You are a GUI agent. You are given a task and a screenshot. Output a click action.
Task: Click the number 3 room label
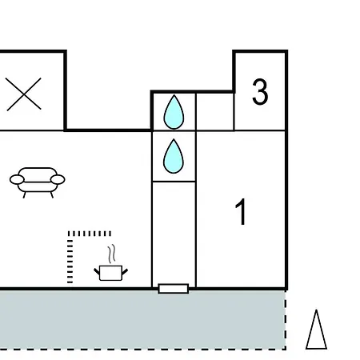point(260,91)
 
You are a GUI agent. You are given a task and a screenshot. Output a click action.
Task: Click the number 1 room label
point(241,212)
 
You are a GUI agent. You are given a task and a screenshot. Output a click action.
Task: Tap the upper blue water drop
point(174,112)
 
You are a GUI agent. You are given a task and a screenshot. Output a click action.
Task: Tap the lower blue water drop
point(174,156)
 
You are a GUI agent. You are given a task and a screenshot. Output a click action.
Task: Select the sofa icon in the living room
point(38,182)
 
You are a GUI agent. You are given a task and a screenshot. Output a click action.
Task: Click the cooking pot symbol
point(110,273)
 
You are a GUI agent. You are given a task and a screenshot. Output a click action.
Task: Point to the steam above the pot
point(112,254)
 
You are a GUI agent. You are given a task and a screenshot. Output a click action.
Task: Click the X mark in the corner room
point(24,94)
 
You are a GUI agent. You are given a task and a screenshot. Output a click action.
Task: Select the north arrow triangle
point(316,330)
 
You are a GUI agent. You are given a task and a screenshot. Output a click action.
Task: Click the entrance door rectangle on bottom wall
point(174,289)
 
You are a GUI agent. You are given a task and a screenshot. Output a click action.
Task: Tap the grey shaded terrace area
point(142,319)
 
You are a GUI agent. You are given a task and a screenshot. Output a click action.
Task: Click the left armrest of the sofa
point(17,179)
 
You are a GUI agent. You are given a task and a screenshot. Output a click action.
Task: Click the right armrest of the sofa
point(58,179)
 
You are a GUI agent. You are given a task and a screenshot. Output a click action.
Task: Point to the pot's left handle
point(97,272)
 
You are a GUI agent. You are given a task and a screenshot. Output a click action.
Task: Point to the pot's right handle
point(125,272)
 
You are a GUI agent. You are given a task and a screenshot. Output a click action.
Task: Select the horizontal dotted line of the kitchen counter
point(90,234)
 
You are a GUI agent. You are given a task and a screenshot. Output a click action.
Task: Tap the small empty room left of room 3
point(215,112)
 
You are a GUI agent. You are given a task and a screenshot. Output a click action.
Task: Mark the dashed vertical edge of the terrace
point(286,320)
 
